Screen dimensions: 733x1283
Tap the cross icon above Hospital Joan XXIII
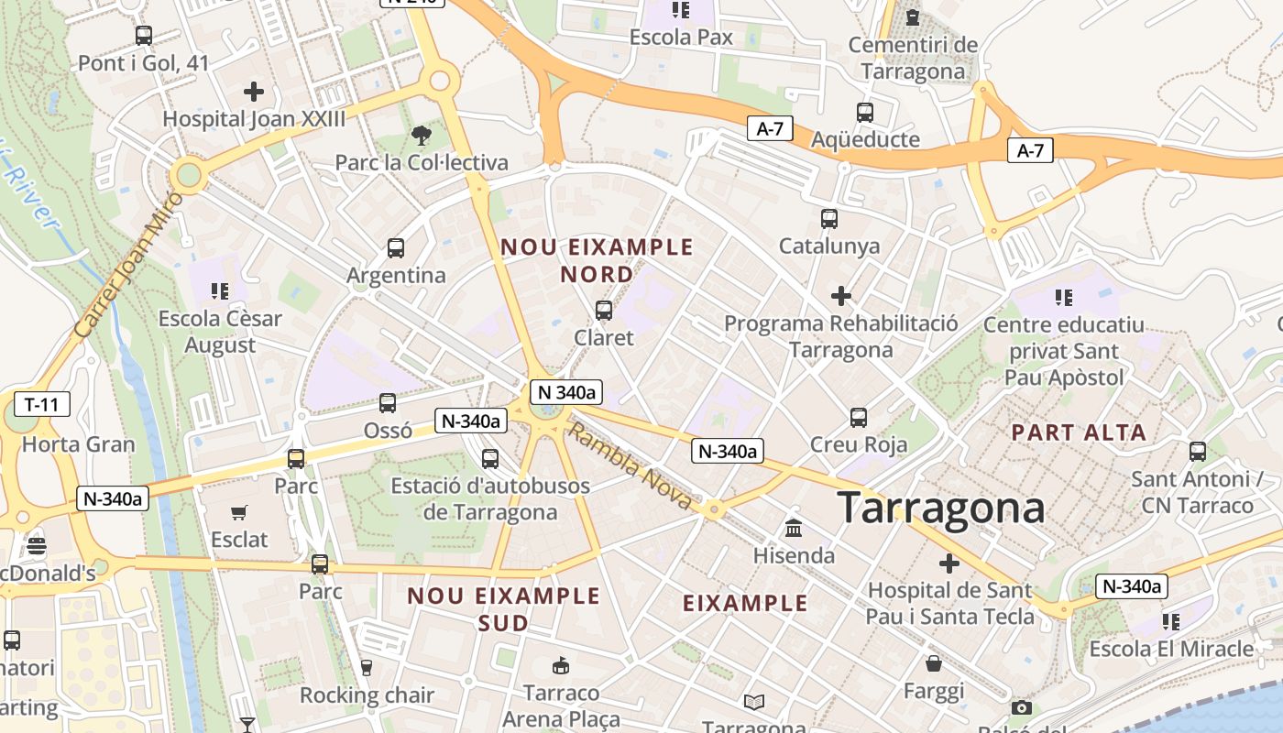point(254,92)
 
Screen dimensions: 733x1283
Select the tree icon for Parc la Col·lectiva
point(421,136)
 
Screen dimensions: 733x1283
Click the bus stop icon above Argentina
point(396,248)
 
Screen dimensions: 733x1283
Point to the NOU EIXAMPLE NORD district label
point(597,260)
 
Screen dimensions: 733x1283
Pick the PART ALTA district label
point(1079,432)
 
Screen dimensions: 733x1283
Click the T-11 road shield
point(42,404)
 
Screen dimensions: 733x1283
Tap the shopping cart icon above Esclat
point(239,513)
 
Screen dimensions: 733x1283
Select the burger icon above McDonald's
point(37,547)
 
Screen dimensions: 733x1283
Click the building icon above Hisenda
point(794,529)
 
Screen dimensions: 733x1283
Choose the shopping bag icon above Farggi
point(934,663)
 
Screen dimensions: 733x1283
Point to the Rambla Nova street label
point(631,467)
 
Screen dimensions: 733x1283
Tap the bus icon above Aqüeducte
point(865,113)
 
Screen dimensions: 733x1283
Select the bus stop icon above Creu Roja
point(859,418)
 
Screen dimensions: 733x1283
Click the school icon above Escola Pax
point(680,10)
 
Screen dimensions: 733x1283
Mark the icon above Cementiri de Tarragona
point(913,16)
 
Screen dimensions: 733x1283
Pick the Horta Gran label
point(78,445)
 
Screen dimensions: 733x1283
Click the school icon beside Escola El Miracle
point(1170,622)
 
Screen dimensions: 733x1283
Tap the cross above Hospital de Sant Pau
point(949,563)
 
